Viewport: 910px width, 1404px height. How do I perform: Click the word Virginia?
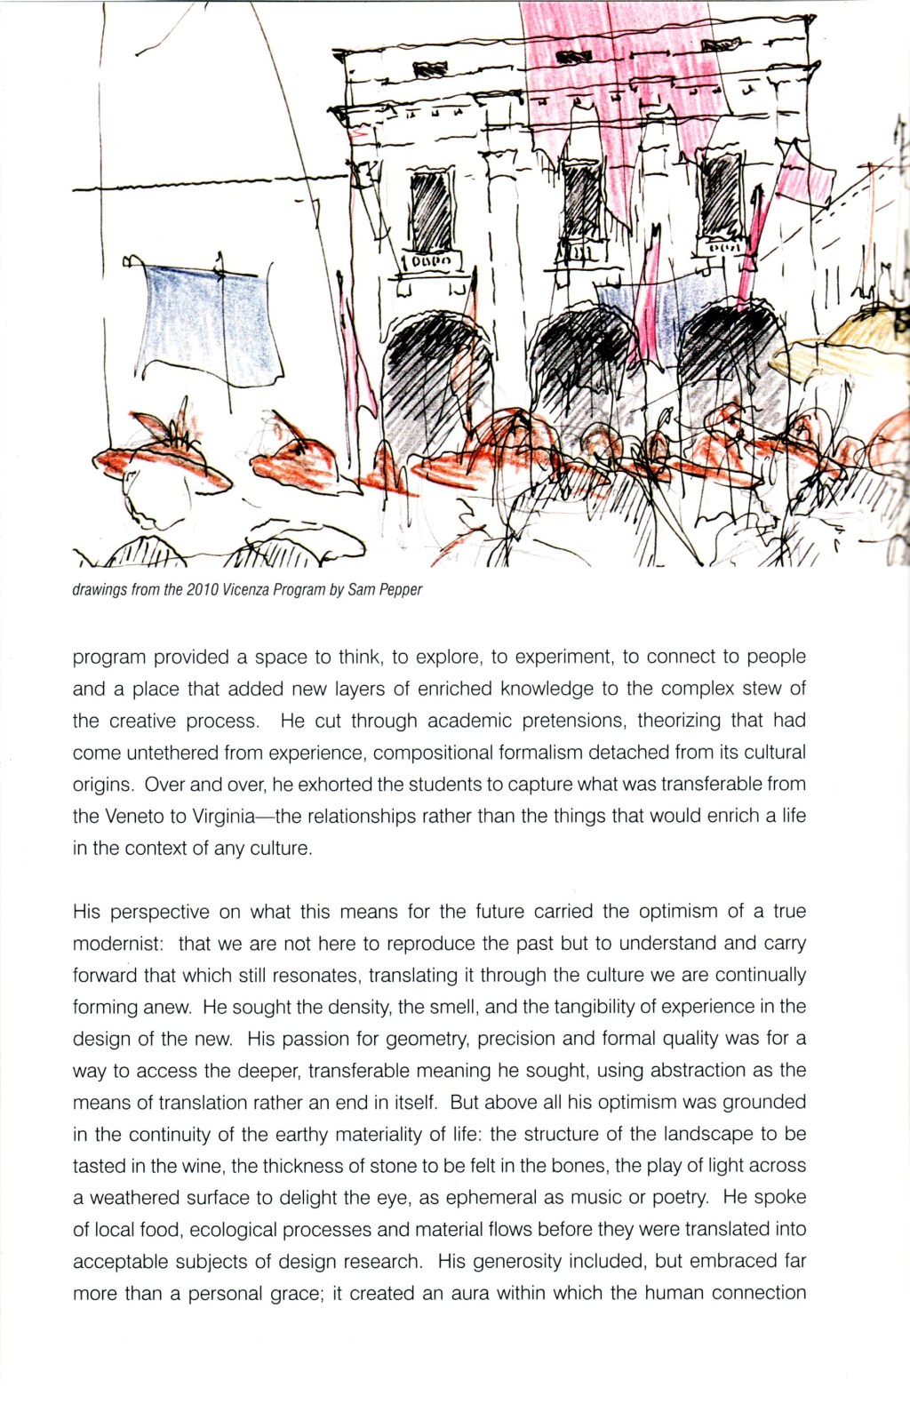(223, 816)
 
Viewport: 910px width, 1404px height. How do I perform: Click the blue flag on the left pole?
(209, 324)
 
